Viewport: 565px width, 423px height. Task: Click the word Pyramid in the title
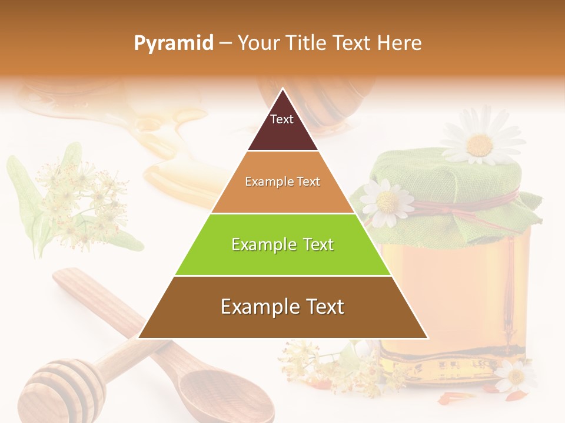point(173,43)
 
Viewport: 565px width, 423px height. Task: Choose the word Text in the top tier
point(281,119)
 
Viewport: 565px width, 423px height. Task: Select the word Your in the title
point(258,43)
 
